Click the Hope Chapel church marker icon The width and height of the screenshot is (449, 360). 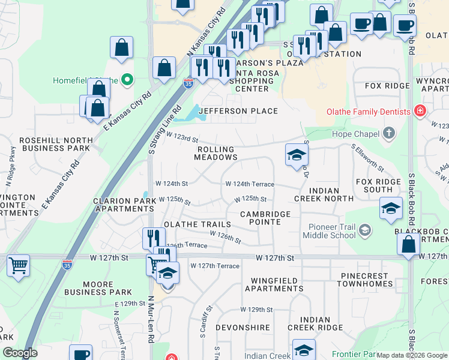click(x=389, y=133)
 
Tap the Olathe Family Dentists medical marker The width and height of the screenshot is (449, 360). click(x=420, y=111)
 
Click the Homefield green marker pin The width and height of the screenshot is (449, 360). click(x=127, y=80)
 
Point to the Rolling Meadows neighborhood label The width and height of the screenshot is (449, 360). click(x=215, y=152)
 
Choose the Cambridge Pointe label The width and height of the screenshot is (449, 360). click(x=265, y=218)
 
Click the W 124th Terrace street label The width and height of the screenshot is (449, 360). click(x=249, y=184)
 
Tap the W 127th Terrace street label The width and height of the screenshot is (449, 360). click(x=215, y=266)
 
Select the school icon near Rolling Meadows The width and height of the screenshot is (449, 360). click(x=296, y=155)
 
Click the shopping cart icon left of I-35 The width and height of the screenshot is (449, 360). click(x=18, y=265)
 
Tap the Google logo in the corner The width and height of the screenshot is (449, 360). click(x=20, y=353)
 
